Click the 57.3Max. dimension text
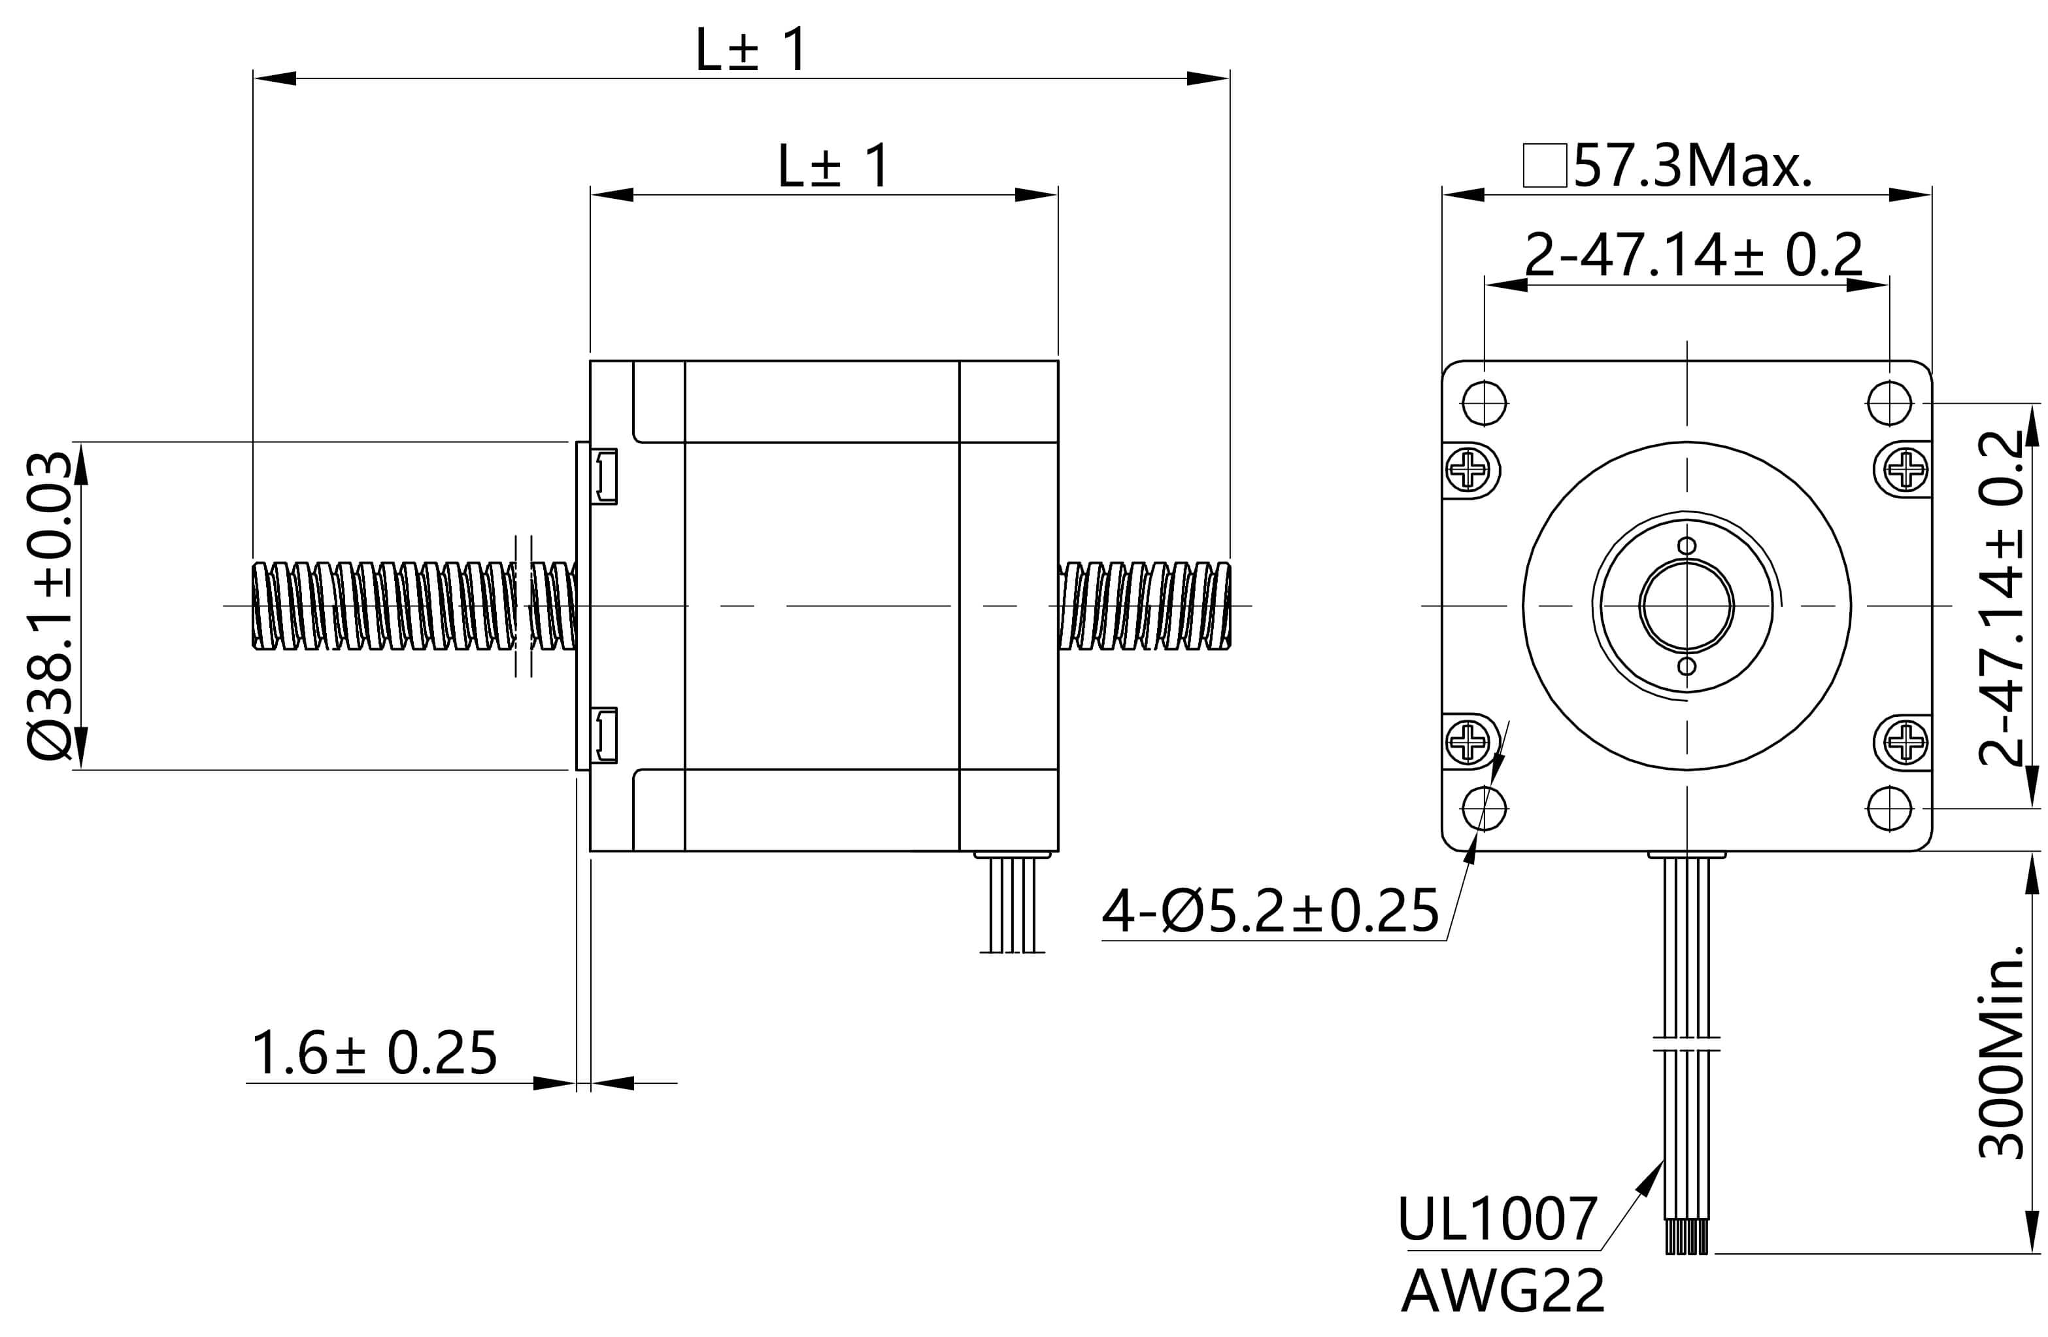(x=1692, y=166)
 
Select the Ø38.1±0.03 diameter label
(x=49, y=606)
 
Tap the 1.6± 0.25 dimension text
(x=373, y=1053)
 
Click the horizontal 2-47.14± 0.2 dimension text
(x=1692, y=256)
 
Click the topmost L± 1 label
(x=751, y=50)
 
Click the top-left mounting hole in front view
(x=1485, y=403)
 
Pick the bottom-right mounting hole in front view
(x=1890, y=808)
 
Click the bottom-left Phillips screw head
(x=1468, y=740)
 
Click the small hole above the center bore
(x=1687, y=546)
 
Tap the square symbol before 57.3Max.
(x=1545, y=166)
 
